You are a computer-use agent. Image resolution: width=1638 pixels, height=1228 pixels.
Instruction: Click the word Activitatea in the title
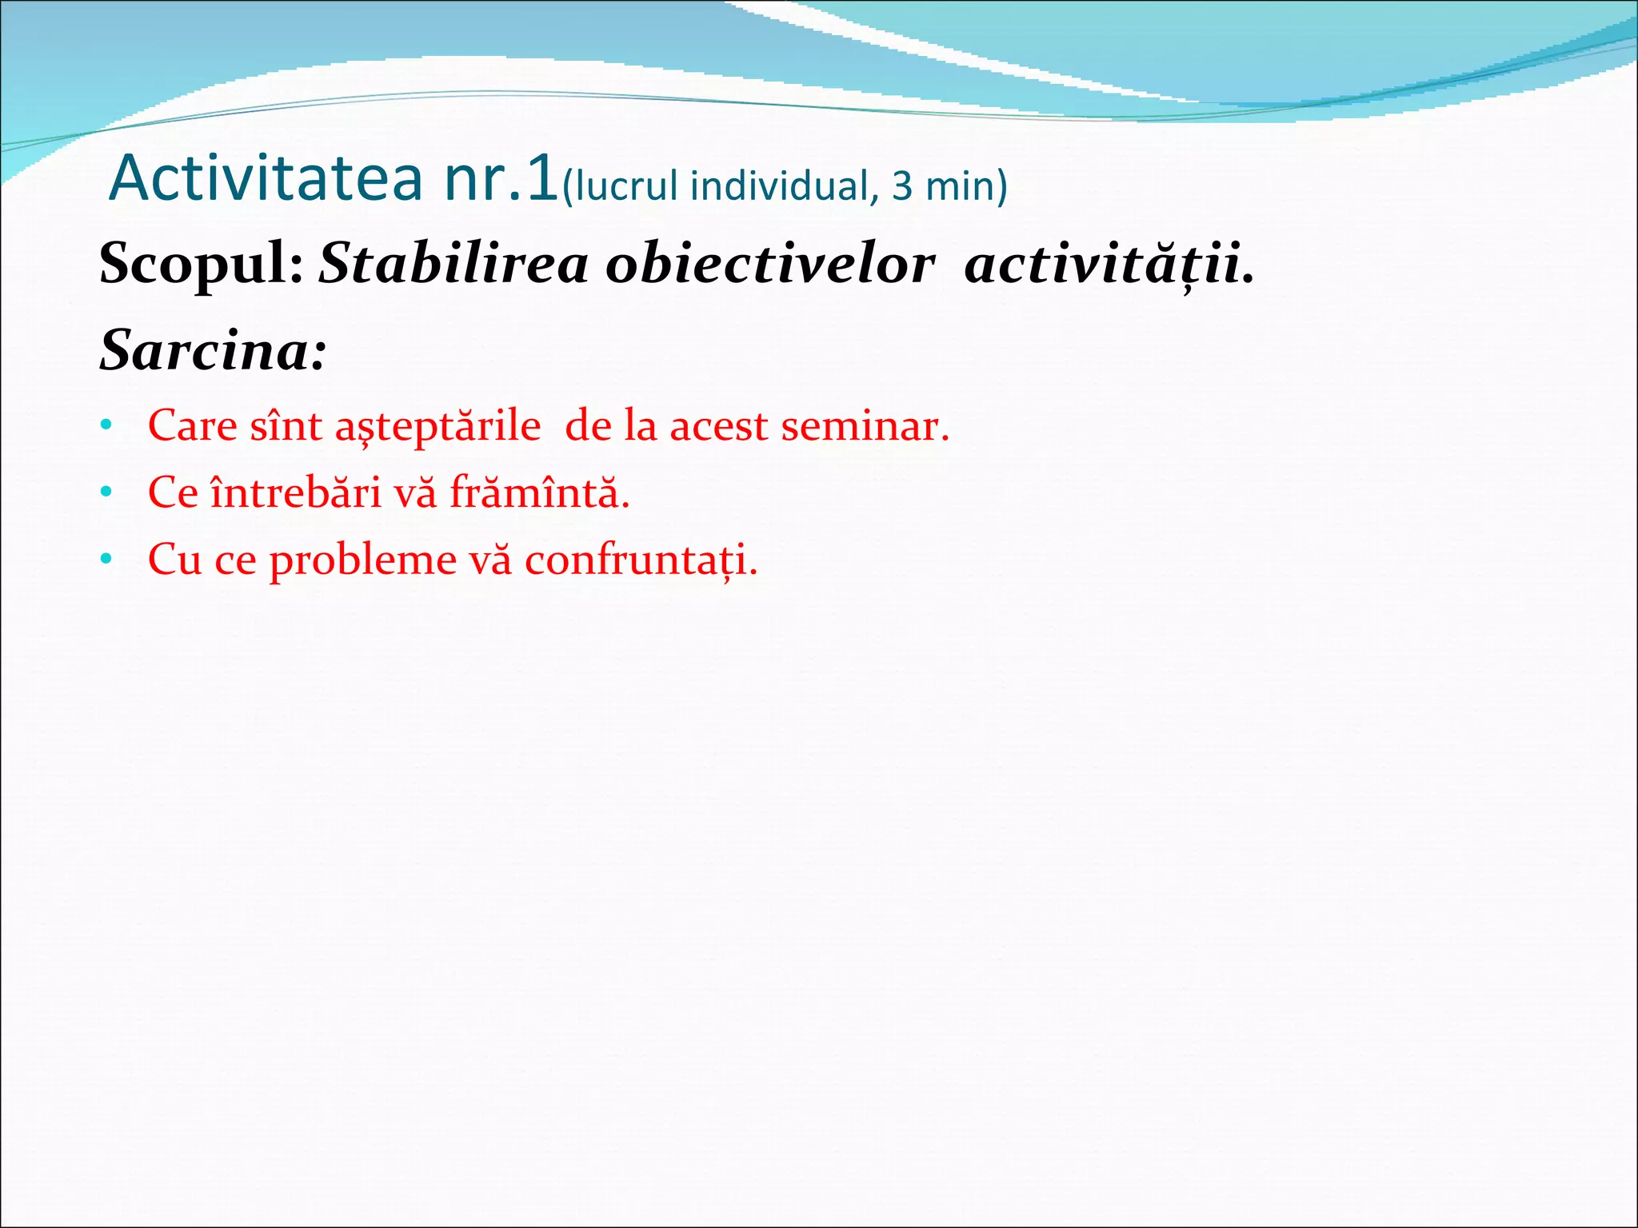(266, 177)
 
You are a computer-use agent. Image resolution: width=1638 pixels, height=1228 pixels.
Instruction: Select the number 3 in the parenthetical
(901, 186)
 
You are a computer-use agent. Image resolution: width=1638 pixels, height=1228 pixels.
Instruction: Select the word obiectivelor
(769, 264)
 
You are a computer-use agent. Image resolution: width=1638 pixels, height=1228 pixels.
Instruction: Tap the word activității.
(1109, 264)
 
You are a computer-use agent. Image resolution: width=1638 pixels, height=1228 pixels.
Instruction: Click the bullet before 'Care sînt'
(106, 425)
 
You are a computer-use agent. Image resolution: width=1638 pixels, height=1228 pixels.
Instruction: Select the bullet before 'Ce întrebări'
(106, 492)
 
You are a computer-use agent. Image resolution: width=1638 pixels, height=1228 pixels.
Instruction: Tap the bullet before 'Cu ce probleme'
(106, 560)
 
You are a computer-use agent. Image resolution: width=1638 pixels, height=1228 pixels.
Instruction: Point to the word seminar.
(865, 425)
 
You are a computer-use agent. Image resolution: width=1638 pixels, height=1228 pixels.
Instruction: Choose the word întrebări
(296, 492)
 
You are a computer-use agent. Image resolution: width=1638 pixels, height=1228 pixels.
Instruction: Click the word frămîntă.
(539, 492)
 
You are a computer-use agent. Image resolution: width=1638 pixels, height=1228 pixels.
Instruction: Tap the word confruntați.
(640, 560)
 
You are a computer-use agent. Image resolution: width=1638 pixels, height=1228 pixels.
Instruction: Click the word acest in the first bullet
(718, 425)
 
